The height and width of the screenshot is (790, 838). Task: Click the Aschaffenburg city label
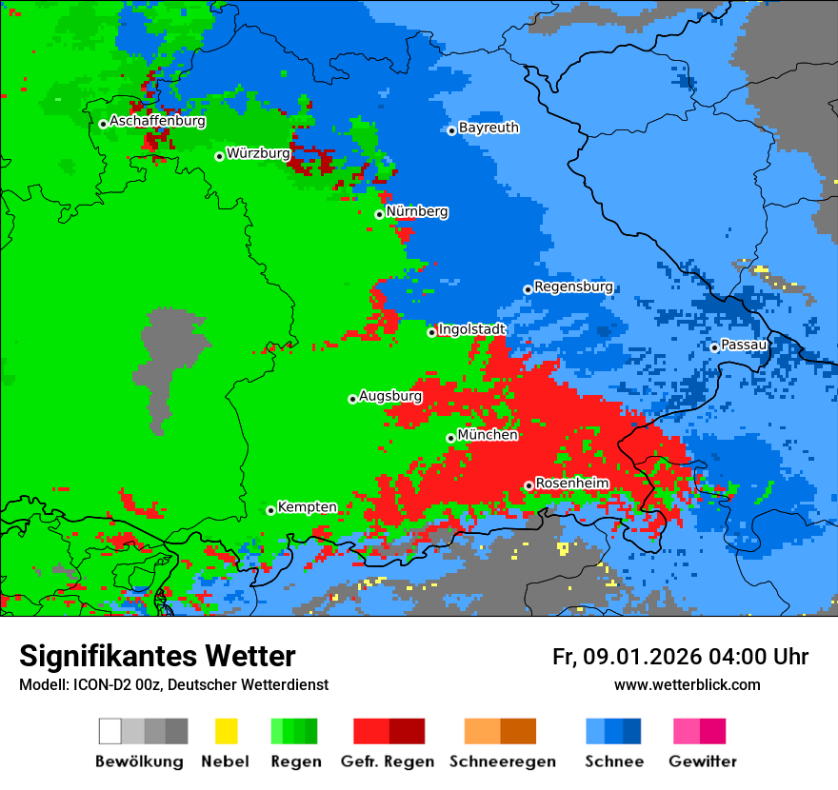[x=157, y=122]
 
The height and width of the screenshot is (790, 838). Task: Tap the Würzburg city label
[x=258, y=153]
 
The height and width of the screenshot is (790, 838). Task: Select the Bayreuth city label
[x=489, y=128]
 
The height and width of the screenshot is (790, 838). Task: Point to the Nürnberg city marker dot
[x=379, y=214]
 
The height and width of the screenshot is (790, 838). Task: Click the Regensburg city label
[x=573, y=286]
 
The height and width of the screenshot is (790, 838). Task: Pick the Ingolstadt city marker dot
[x=431, y=332]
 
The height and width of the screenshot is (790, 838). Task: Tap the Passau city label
[x=745, y=345]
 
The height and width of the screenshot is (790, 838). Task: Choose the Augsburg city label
[x=390, y=396]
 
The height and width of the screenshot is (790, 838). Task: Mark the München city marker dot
[x=450, y=438]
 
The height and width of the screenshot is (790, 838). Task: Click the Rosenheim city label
[x=571, y=484]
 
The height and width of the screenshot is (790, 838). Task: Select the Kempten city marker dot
[x=270, y=510]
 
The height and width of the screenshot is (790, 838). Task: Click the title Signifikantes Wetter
[x=157, y=657]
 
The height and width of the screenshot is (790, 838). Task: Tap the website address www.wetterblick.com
[x=687, y=685]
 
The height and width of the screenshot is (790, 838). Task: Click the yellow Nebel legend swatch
[x=226, y=731]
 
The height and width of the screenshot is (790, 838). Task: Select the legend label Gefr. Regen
[x=388, y=761]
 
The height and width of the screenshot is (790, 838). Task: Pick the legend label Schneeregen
[x=503, y=761]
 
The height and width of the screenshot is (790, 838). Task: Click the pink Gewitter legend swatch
[x=687, y=731]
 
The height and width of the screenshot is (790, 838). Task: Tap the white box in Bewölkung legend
[x=110, y=731]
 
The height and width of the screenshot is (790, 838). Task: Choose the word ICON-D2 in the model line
[x=98, y=685]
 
